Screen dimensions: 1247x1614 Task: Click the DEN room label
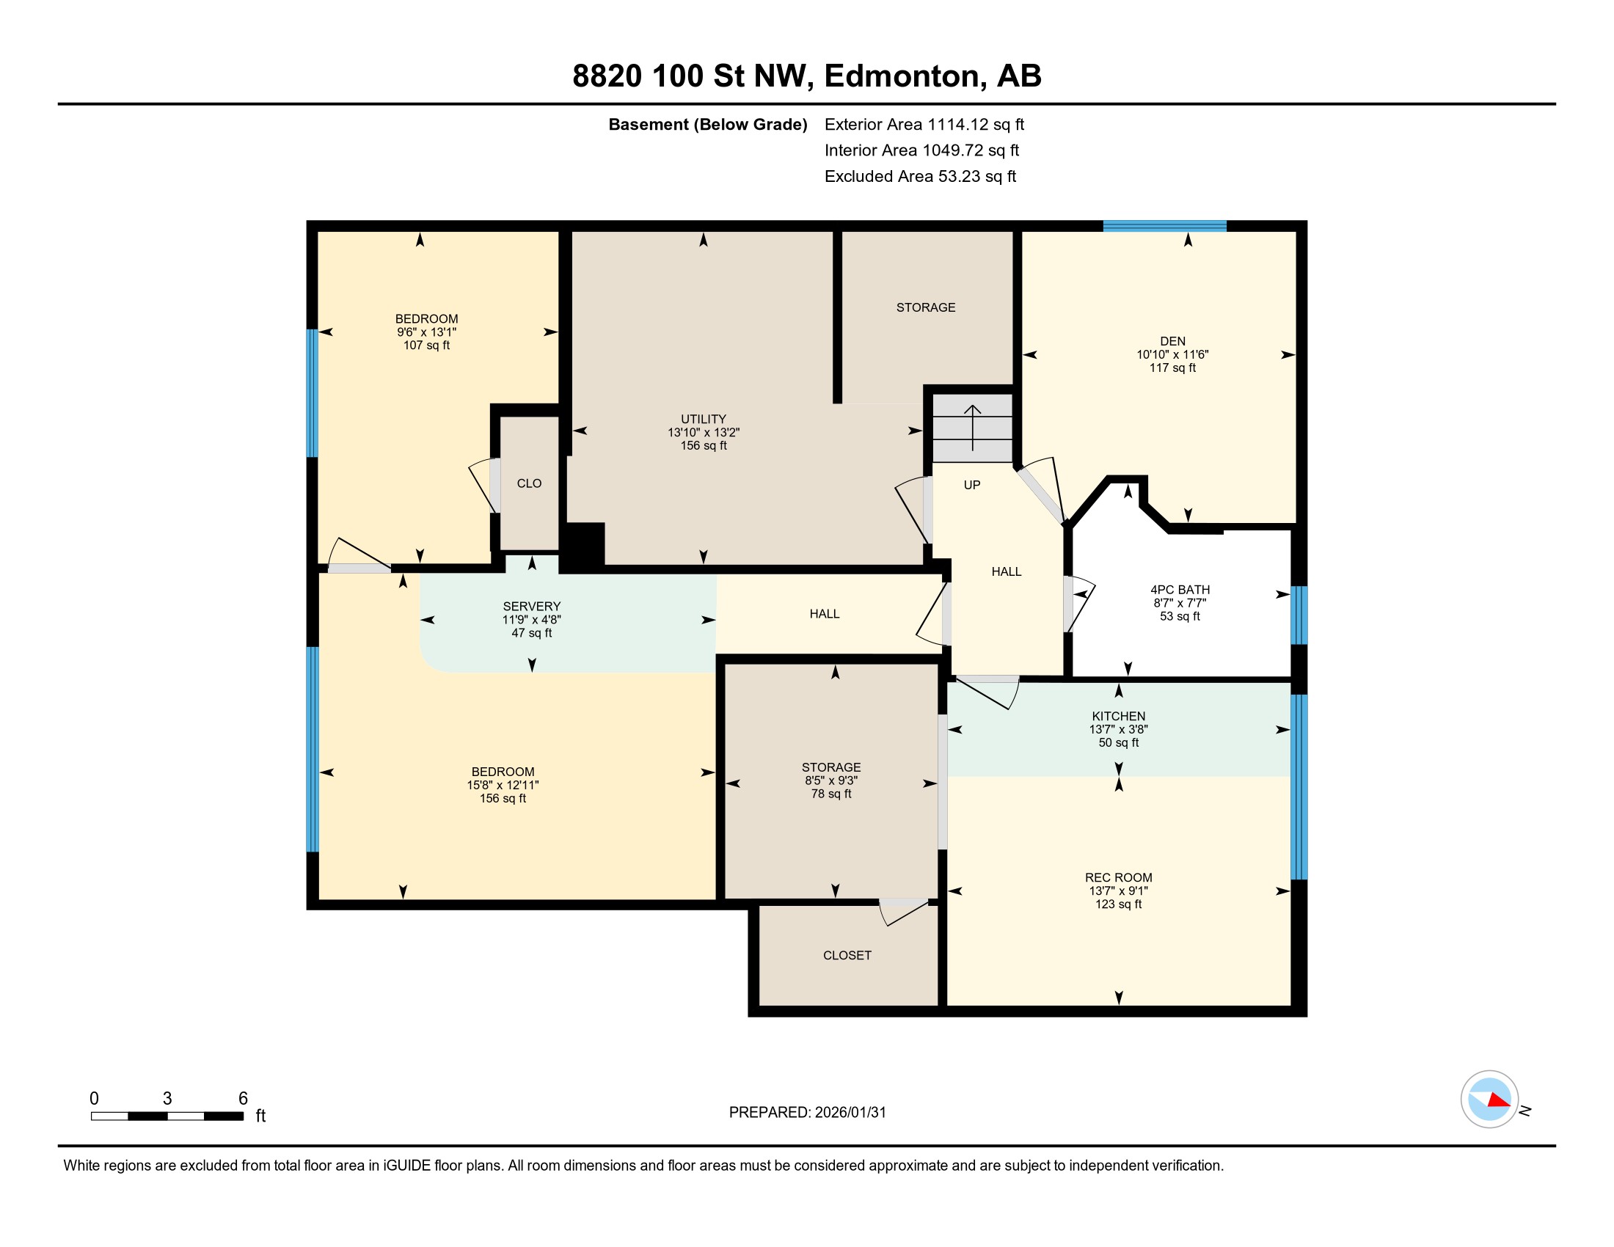1172,341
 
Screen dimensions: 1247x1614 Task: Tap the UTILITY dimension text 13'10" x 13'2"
703,432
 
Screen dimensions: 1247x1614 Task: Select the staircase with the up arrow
972,428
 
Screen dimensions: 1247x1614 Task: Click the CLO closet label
528,483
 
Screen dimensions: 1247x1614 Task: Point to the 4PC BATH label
1180,590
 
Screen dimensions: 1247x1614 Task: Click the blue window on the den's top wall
1164,226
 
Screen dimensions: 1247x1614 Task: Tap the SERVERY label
531,606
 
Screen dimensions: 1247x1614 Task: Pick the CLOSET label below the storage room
847,955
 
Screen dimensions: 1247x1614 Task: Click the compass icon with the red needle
1489,1099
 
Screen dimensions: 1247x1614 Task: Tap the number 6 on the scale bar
242,1098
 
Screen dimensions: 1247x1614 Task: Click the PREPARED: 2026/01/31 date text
807,1112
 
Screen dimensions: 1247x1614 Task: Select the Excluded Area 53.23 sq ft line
919,176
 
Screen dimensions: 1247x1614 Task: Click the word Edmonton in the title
905,76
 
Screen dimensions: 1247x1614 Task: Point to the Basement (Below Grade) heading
707,124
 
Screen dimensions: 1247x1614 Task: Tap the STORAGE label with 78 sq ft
830,767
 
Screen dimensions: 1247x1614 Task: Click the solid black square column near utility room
583,544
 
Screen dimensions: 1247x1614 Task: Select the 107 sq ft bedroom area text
426,345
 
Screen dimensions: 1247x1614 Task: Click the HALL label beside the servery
824,614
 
